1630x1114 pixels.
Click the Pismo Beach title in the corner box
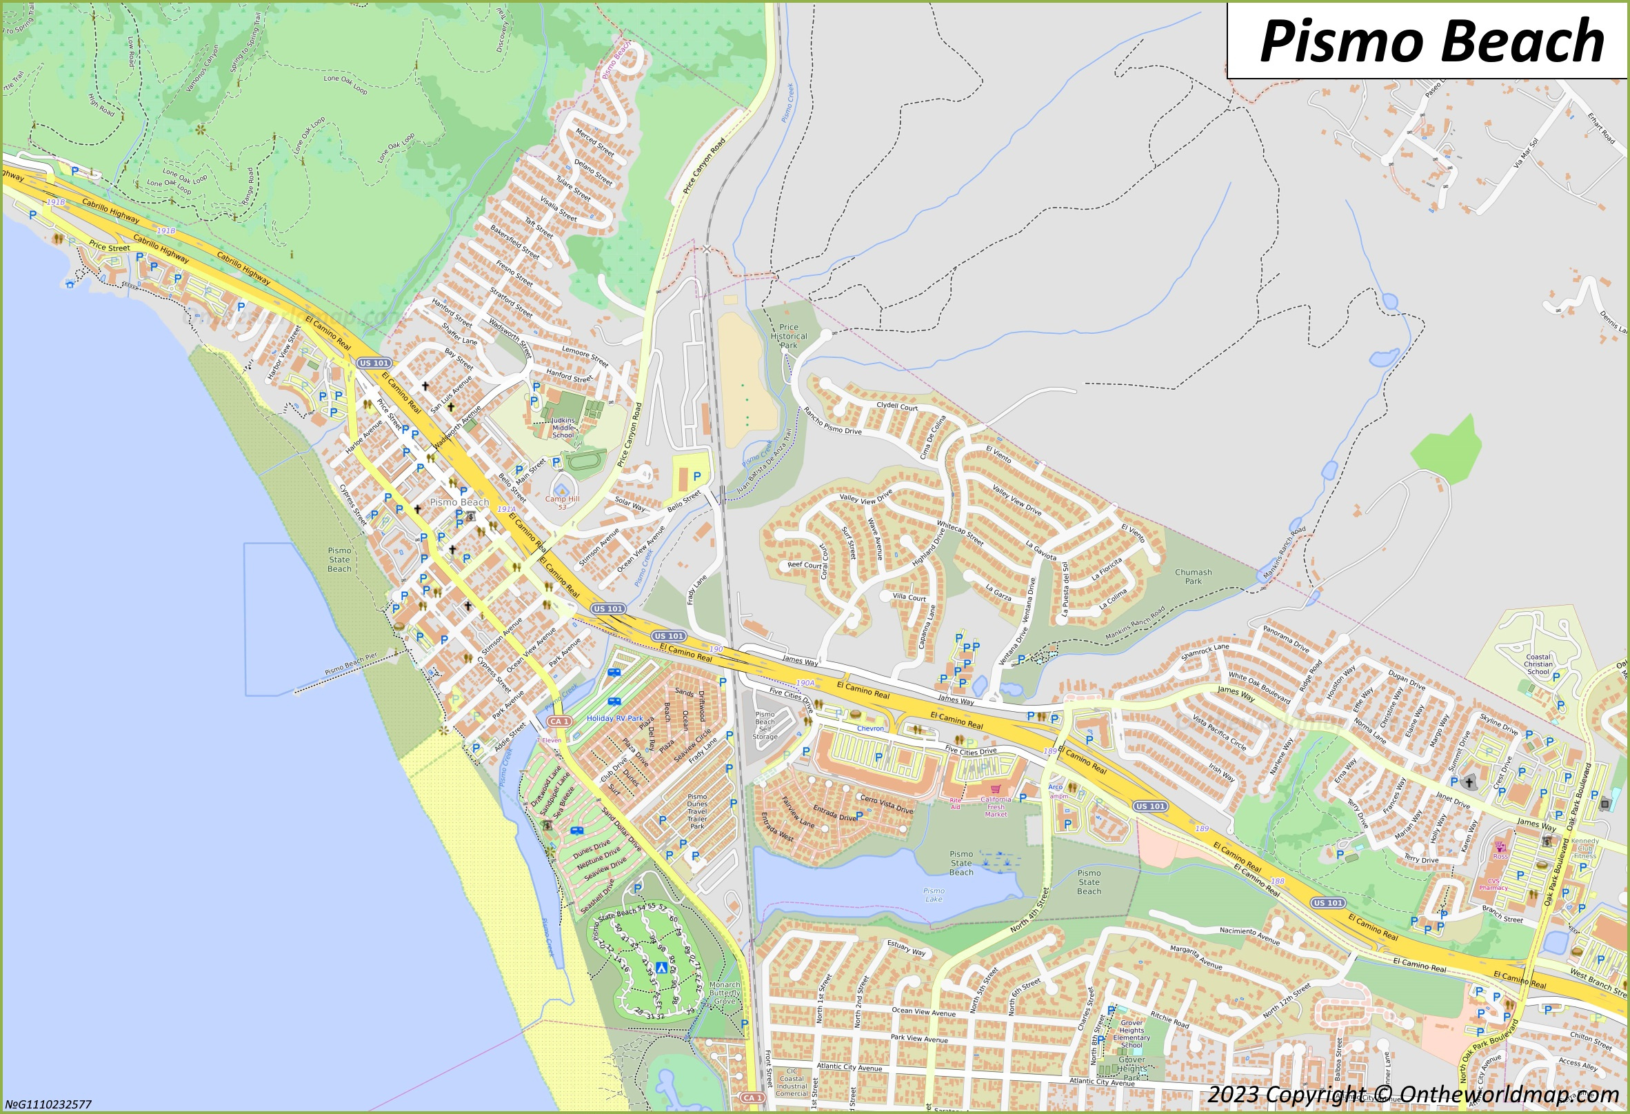1431,41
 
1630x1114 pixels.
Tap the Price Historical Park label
788,336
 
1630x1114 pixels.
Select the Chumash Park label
1193,577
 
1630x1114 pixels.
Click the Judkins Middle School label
563,428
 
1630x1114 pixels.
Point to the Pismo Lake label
934,895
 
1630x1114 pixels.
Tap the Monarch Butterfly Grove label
725,993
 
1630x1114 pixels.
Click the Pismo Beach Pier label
351,664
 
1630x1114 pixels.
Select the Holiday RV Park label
614,718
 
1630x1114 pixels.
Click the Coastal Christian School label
1538,664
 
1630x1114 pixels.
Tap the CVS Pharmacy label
1493,884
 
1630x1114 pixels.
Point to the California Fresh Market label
995,807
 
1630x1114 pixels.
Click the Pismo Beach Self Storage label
765,726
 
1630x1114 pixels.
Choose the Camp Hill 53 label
563,502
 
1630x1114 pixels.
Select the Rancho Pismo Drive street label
832,421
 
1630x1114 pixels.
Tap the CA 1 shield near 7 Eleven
559,721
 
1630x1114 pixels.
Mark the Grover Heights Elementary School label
1131,1034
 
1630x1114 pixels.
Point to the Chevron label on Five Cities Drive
869,728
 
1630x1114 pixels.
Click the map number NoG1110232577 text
48,1104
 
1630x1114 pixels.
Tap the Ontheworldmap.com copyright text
1413,1095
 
